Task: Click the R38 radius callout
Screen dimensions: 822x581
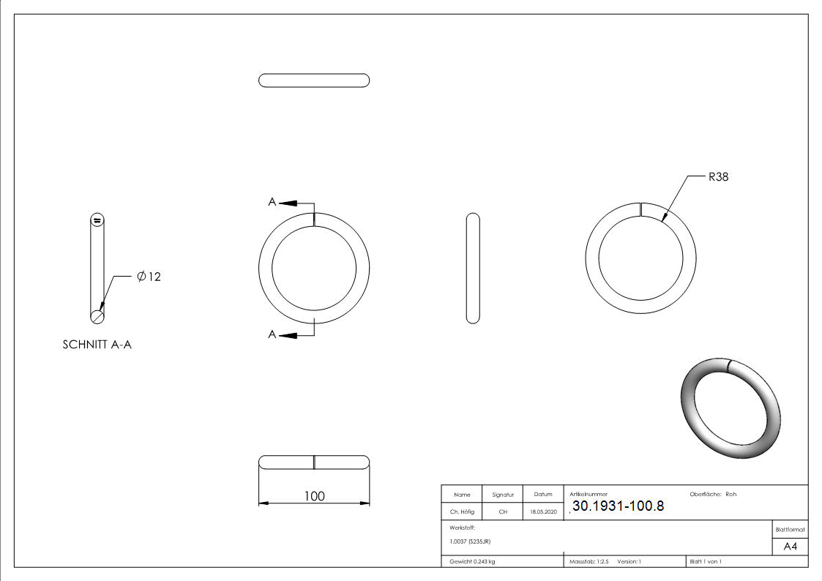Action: (x=718, y=177)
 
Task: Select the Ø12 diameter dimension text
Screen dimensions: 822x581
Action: (x=149, y=277)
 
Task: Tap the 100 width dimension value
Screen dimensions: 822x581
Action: (x=315, y=496)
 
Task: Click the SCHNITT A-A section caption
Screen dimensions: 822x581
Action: (x=97, y=345)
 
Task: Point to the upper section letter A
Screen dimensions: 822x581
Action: (x=272, y=202)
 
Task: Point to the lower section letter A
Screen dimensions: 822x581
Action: (x=272, y=334)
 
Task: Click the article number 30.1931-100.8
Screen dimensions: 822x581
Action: (x=618, y=506)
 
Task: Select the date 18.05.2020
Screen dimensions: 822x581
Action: (x=544, y=511)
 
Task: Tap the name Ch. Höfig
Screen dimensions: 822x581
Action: (x=462, y=511)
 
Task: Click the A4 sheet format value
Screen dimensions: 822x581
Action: (x=790, y=547)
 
